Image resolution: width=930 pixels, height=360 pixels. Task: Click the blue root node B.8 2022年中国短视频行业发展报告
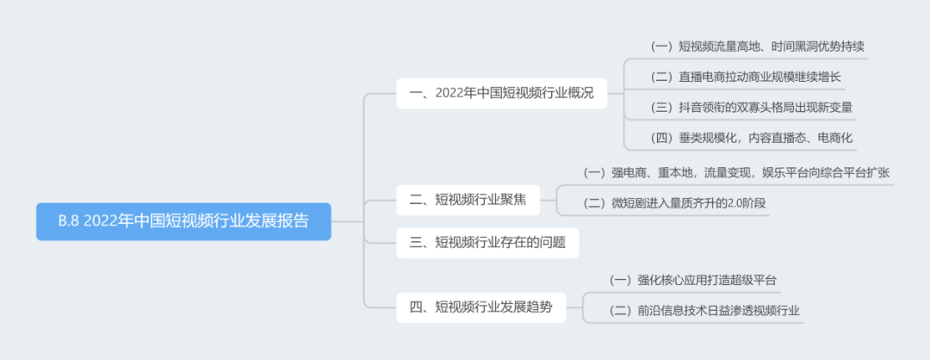coord(183,221)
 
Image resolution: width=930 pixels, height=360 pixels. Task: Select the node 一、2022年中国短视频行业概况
coord(501,93)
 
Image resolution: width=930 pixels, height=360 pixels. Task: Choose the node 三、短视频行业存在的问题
coord(487,243)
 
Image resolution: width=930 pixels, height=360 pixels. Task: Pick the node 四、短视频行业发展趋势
coord(480,307)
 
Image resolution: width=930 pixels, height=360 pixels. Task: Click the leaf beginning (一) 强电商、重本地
coord(736,172)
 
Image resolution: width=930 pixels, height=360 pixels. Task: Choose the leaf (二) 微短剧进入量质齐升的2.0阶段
coord(674,203)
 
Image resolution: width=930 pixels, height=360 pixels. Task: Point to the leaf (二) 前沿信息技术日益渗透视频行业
coord(705,310)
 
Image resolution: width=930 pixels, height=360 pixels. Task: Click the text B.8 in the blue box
coord(70,221)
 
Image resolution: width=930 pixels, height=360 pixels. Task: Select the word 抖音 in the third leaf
coord(692,107)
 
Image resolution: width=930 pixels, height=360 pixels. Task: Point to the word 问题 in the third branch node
coord(552,243)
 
